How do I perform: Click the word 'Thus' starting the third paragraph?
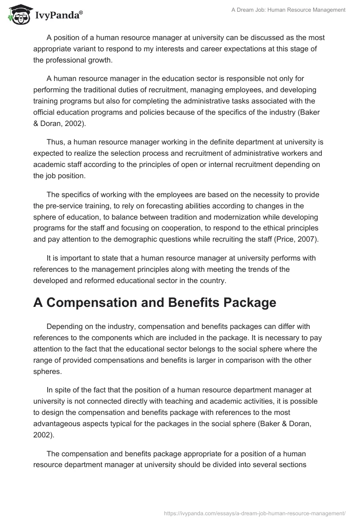(55, 142)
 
